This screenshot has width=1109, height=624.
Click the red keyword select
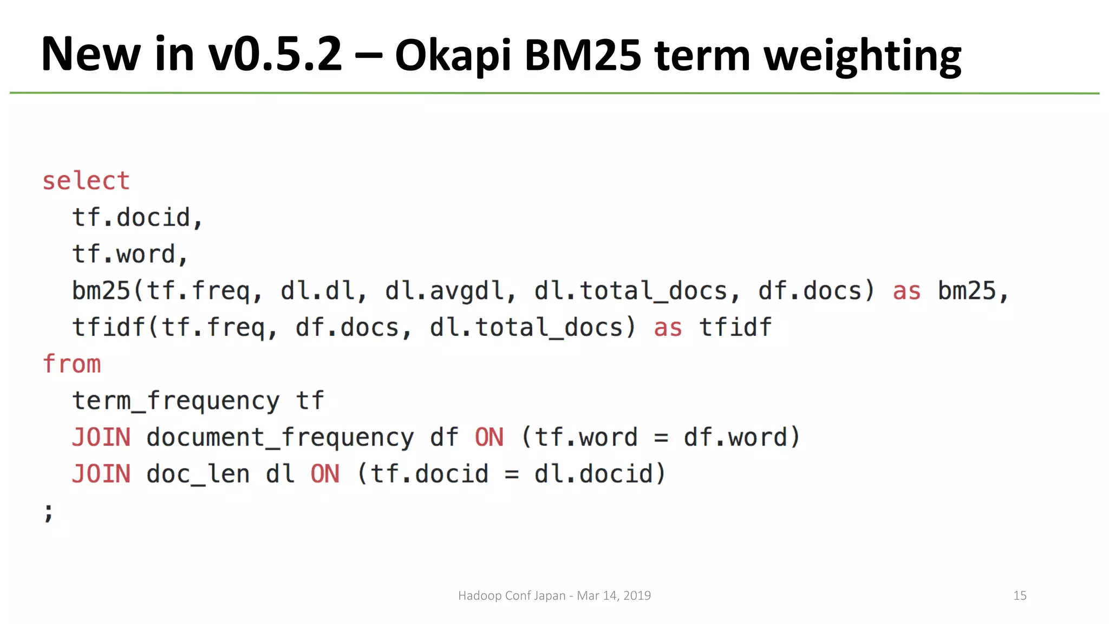pyautogui.click(x=86, y=181)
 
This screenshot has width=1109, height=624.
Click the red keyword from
pyautogui.click(x=72, y=364)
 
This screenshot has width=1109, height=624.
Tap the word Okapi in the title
pyautogui.click(x=453, y=56)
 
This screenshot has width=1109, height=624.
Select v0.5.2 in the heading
pyautogui.click(x=276, y=54)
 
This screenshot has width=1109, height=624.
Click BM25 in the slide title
pyautogui.click(x=583, y=56)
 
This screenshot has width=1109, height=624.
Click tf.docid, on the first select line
pyautogui.click(x=138, y=218)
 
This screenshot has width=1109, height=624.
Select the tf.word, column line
pyautogui.click(x=130, y=255)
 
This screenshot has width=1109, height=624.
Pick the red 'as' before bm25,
pyautogui.click(x=906, y=291)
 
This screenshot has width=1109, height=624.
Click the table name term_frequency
pyautogui.click(x=176, y=401)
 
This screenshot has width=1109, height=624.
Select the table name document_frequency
pyautogui.click(x=280, y=438)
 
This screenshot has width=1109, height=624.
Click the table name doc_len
pyautogui.click(x=198, y=474)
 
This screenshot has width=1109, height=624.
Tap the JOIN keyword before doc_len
pyautogui.click(x=101, y=474)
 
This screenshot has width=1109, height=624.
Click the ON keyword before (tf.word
pyautogui.click(x=489, y=438)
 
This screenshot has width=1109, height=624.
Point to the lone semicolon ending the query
pyautogui.click(x=49, y=512)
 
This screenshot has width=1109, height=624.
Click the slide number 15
pyautogui.click(x=1020, y=596)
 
